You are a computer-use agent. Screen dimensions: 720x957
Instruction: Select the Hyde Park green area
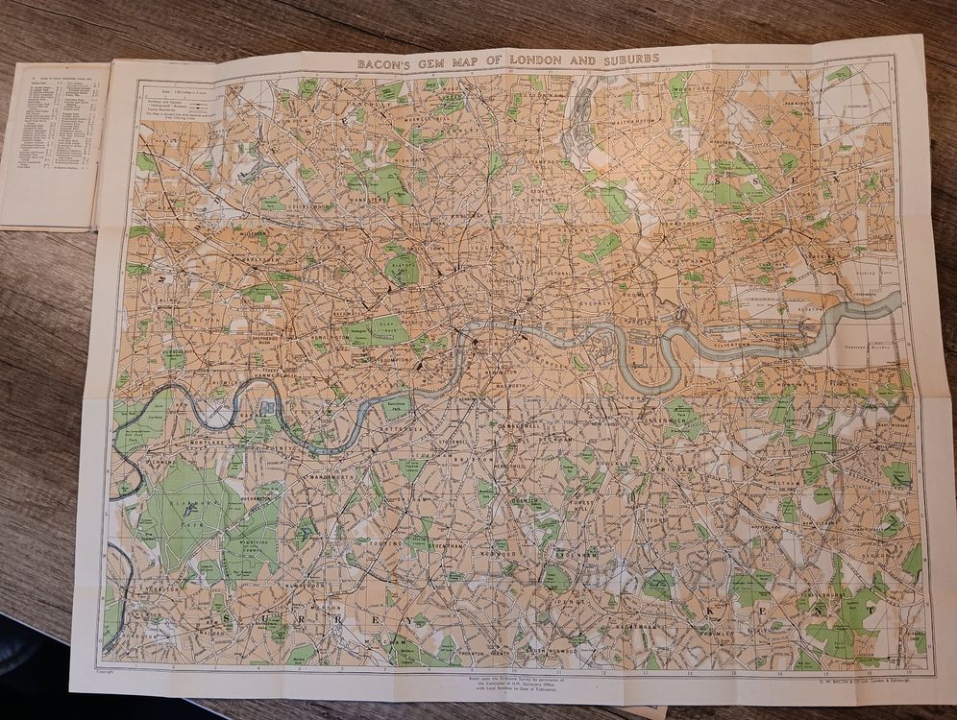pyautogui.click(x=376, y=331)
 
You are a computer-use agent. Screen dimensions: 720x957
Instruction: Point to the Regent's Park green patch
pyautogui.click(x=403, y=267)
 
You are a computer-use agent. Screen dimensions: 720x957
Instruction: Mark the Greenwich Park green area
pyautogui.click(x=683, y=419)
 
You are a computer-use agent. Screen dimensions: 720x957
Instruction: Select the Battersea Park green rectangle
pyautogui.click(x=397, y=405)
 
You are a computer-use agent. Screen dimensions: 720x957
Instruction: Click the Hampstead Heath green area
pyautogui.click(x=381, y=182)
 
